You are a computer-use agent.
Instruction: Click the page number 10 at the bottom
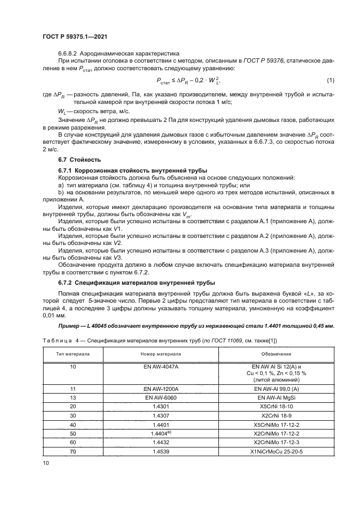point(46,463)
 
